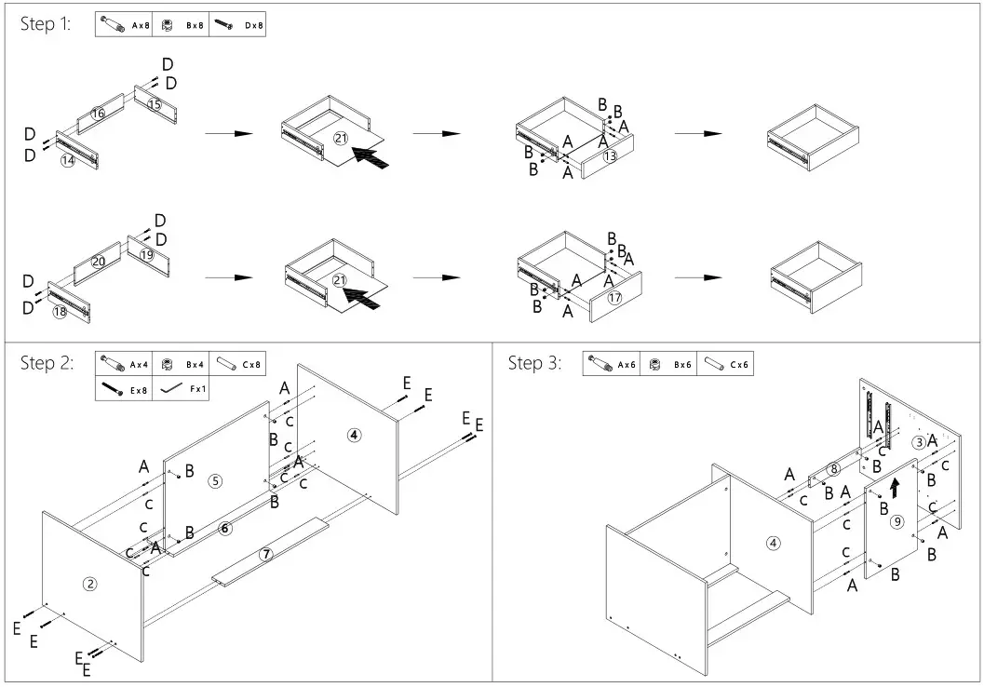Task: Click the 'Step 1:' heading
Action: point(45,25)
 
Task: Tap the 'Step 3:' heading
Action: point(534,363)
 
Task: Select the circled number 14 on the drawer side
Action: point(67,160)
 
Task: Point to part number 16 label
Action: point(98,114)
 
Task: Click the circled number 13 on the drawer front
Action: point(610,156)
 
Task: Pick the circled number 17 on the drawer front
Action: point(614,298)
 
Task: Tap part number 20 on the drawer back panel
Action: point(98,262)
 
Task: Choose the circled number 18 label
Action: point(60,312)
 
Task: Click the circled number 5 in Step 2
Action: point(215,481)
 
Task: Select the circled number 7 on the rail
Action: point(265,554)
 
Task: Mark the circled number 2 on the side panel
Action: point(90,584)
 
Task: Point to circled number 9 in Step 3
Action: point(896,521)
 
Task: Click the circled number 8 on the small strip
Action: point(833,468)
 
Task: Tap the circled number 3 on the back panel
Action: point(918,441)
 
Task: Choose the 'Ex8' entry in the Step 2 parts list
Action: point(123,390)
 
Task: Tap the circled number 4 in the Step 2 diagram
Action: point(354,434)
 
